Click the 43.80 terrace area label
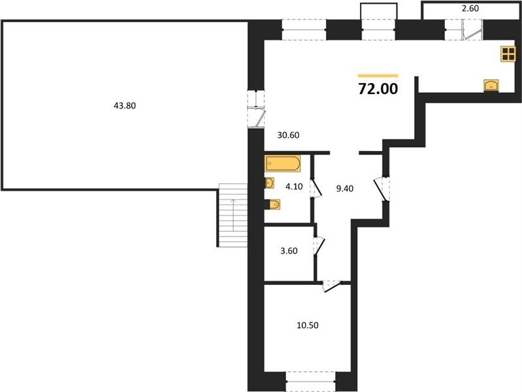125,106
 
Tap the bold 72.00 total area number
378,89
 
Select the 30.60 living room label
288,135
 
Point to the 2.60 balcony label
470,8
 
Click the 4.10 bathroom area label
294,186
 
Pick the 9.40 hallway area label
344,189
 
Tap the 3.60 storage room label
289,251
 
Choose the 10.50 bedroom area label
308,325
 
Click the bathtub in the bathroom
283,163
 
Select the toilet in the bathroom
272,204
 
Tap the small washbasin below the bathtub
269,183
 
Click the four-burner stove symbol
508,54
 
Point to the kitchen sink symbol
491,86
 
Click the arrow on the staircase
233,215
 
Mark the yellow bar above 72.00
378,76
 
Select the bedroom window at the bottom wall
310,382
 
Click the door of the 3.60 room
319,246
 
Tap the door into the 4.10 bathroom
316,189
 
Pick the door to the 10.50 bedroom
333,286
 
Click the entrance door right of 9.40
382,189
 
